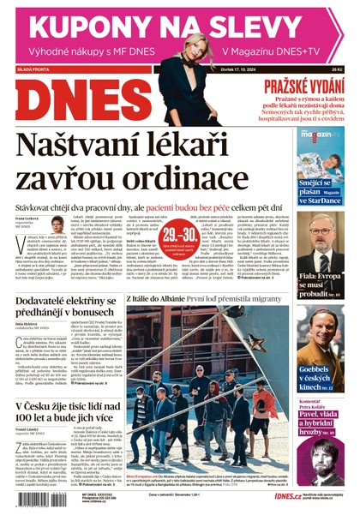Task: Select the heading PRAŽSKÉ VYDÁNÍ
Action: (x=305, y=85)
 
